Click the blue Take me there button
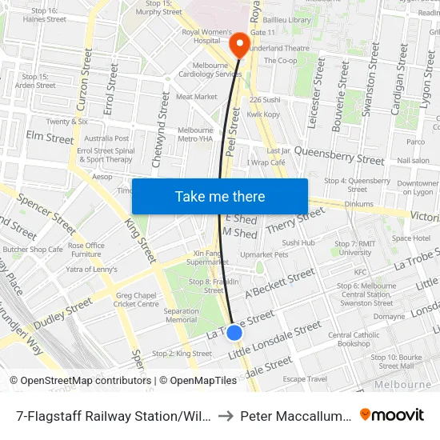220,196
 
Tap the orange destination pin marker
239,46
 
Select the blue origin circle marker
234,332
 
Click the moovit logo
392,414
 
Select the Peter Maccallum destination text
297,415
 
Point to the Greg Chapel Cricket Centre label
137,299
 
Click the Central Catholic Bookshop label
354,339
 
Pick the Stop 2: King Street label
182,353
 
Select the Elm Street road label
50,138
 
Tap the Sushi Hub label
298,242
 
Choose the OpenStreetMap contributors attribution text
80,381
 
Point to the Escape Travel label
305,378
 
